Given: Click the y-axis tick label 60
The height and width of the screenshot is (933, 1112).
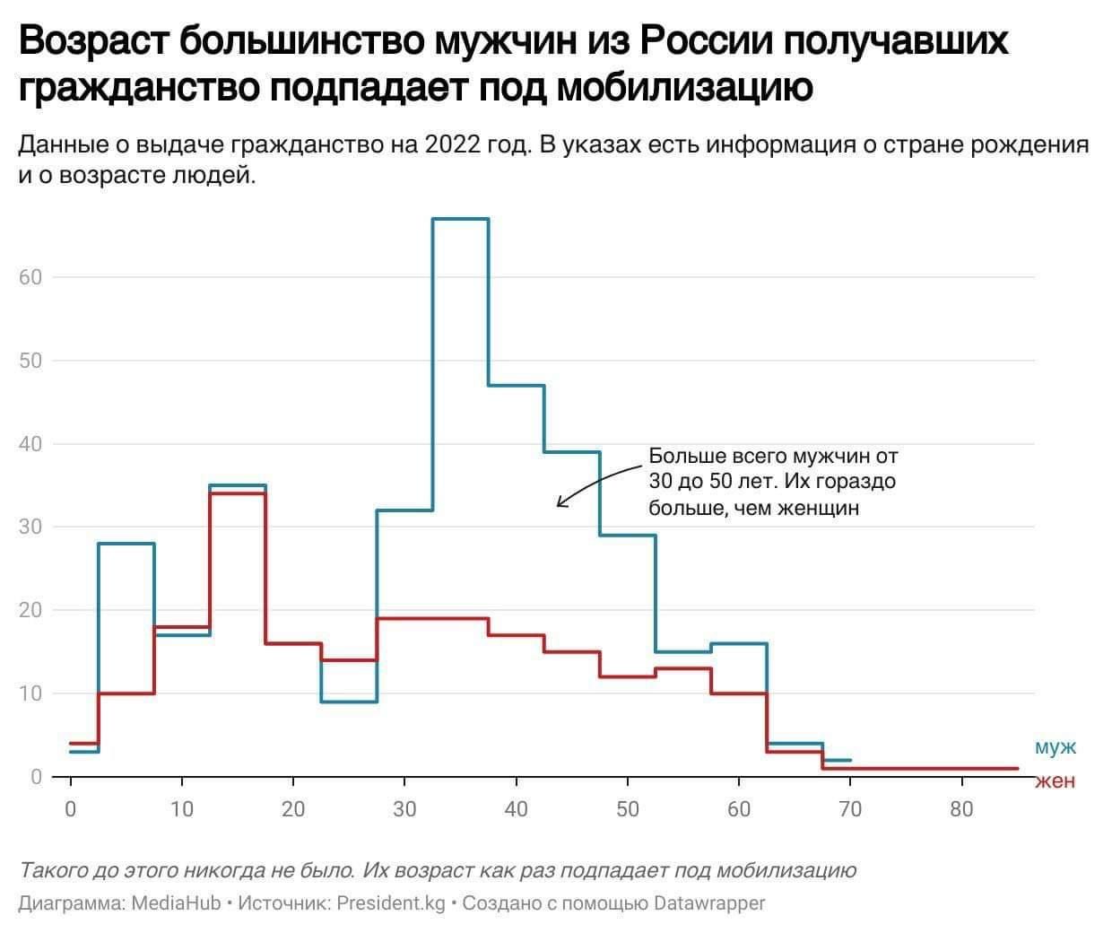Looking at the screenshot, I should [x=31, y=277].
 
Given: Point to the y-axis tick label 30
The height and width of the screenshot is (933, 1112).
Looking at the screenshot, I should [x=31, y=527].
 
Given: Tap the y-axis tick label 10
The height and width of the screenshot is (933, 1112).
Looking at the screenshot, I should [x=31, y=693].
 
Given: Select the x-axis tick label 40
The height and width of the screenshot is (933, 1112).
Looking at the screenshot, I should [x=516, y=809].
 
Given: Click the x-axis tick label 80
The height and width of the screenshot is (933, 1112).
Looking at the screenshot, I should [x=960, y=809].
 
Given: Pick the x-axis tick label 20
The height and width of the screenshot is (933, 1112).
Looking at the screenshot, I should [x=293, y=809].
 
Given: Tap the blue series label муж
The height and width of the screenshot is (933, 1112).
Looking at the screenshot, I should [x=1055, y=747].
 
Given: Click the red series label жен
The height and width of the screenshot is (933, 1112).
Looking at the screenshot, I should [x=1055, y=780].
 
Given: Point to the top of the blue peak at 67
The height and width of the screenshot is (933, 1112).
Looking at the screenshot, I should [x=460, y=219].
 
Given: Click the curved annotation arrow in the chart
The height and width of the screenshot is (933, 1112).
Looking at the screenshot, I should [x=592, y=480].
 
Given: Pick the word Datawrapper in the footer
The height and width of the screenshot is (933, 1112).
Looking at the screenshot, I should [x=709, y=902].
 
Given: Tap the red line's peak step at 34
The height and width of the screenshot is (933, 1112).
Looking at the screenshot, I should [x=237, y=493].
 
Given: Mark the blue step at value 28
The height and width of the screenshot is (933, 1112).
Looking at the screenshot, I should [x=126, y=544].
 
